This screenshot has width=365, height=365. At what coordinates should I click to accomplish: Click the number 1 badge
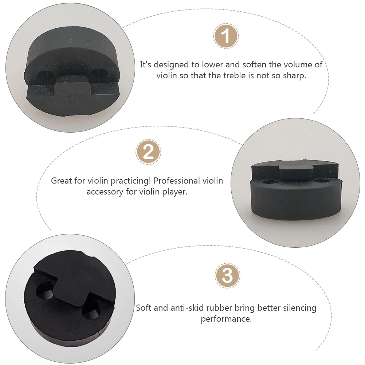click(226, 36)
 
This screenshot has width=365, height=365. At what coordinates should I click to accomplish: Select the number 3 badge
click(227, 275)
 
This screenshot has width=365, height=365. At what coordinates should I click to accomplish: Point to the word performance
click(225, 319)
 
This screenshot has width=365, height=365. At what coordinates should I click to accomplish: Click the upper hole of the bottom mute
click(46, 292)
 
